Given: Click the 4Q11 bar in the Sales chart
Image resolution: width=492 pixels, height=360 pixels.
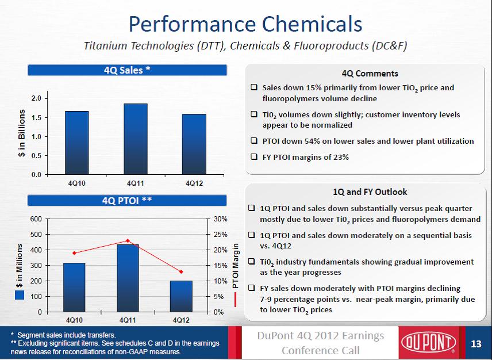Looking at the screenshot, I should [136, 139].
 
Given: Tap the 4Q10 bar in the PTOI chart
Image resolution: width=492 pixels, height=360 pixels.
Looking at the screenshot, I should [74, 288].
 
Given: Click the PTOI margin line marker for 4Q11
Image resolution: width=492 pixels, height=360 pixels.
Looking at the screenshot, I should [128, 240].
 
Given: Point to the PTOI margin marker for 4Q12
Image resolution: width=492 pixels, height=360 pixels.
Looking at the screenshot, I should [181, 271].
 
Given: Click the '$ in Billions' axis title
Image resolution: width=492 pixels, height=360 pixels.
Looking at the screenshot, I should [22, 136].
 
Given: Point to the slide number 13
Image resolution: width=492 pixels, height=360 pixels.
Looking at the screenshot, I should [475, 344].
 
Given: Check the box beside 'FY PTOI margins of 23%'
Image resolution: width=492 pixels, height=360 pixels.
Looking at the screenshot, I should [253, 157].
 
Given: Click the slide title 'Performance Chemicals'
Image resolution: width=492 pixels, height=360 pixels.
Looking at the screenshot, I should [245, 24].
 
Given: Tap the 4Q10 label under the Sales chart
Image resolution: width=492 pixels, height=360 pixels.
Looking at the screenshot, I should [76, 183].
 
